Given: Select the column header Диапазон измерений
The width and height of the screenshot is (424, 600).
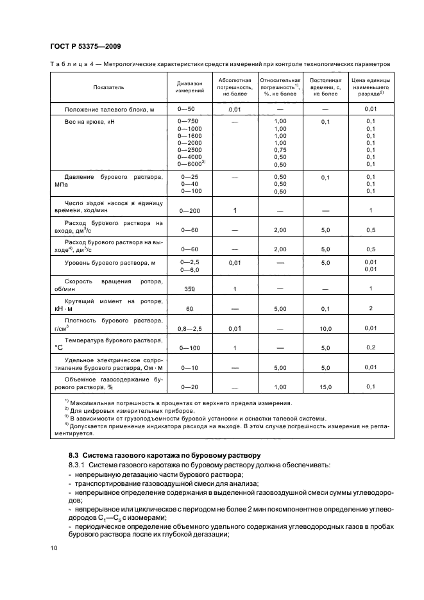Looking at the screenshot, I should tap(189, 87).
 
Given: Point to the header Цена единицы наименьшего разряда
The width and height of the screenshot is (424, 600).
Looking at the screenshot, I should tap(371, 87).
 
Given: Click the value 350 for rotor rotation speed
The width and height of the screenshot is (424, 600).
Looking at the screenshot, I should tap(189, 289).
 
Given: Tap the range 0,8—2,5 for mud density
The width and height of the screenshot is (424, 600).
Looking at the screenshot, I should tap(189, 328).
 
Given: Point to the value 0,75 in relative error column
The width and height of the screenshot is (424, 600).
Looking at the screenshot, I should tap(280, 149).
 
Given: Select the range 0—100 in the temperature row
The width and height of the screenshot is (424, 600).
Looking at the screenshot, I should tap(189, 348).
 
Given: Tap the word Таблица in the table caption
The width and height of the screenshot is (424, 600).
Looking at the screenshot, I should tap(67, 64).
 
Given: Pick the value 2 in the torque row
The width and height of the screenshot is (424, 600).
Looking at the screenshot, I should tap(371, 308).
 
